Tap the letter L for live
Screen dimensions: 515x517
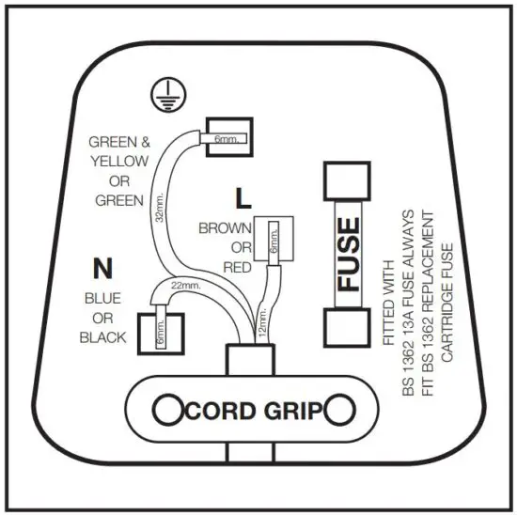tap(244, 198)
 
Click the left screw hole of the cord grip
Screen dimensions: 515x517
tap(168, 410)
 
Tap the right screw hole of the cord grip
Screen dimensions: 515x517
tap(338, 410)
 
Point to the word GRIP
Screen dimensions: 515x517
tap(290, 411)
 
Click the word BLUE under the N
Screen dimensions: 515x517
tap(102, 298)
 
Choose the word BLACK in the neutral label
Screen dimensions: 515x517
tap(102, 337)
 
